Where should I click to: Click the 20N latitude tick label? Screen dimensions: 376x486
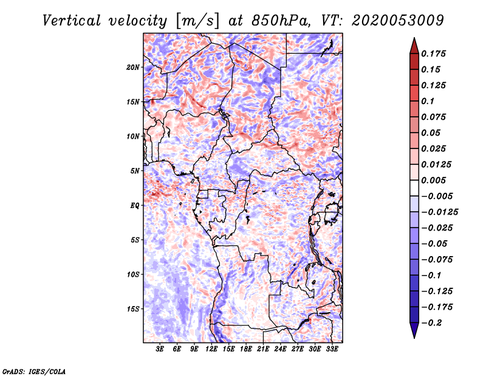[133, 67]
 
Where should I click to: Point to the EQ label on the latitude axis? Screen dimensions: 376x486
[135, 206]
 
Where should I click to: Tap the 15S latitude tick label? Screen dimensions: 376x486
[133, 309]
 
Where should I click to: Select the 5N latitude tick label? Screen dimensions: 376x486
[135, 171]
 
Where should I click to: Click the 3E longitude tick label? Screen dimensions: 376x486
[160, 350]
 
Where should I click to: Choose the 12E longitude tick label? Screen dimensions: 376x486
[212, 350]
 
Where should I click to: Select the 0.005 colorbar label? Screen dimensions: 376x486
[436, 180]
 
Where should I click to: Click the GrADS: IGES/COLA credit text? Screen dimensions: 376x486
[33, 371]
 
